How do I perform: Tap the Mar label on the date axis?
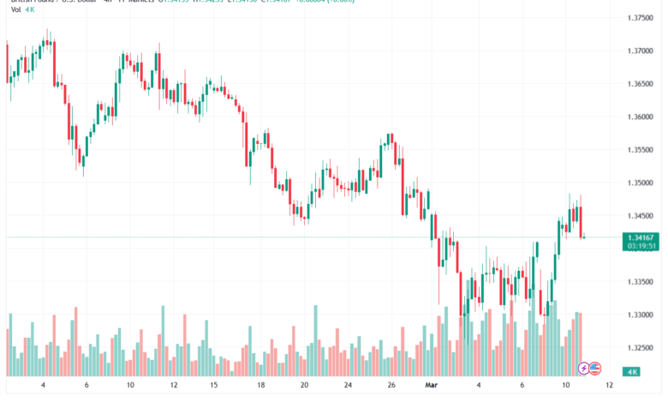432,386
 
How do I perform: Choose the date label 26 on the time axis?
391,386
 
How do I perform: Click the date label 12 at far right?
608,386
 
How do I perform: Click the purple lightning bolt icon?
585,368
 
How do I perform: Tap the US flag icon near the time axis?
593,368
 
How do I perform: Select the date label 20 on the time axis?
304,386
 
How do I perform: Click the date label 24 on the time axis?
348,386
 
